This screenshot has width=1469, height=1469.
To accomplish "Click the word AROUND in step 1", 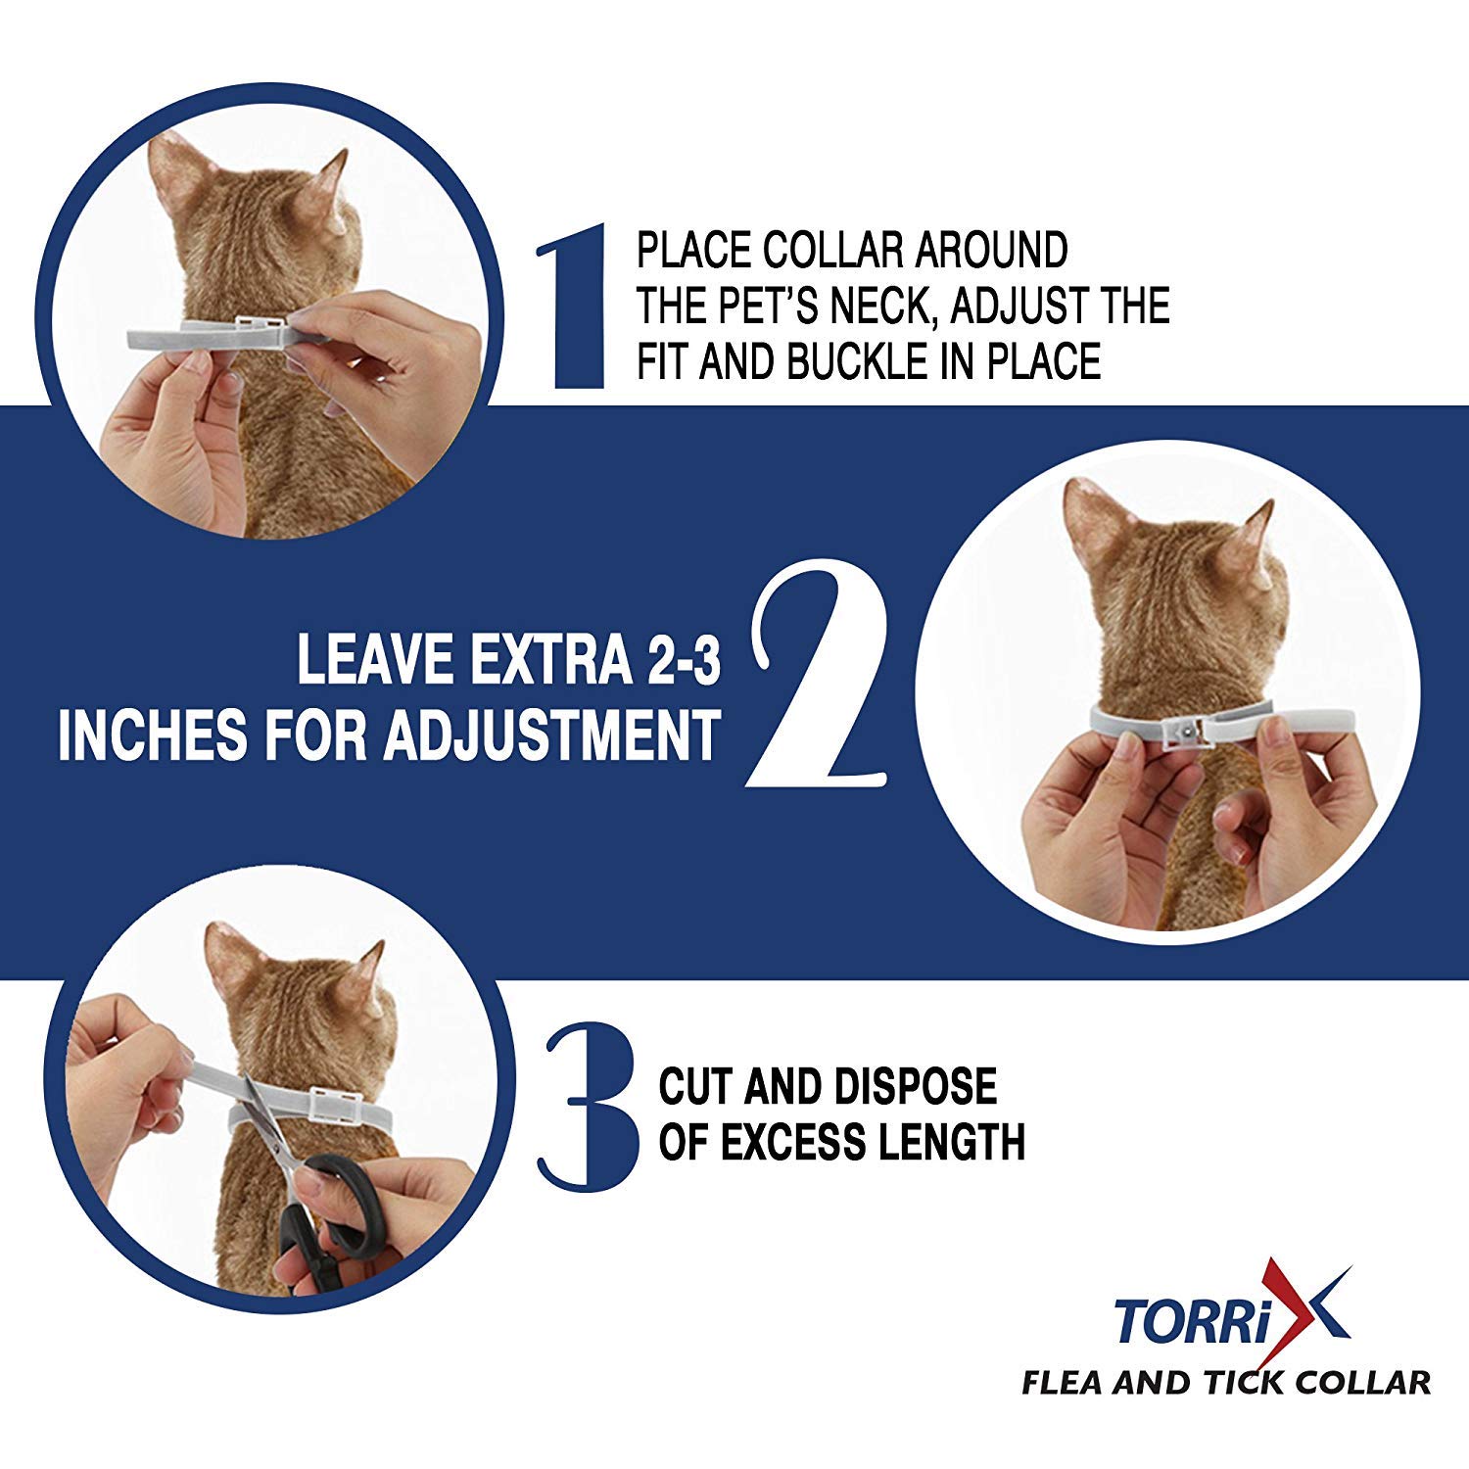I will pos(990,251).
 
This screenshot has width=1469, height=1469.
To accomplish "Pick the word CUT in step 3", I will pos(696,1087).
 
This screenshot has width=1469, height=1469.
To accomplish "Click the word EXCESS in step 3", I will pos(819,1142).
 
